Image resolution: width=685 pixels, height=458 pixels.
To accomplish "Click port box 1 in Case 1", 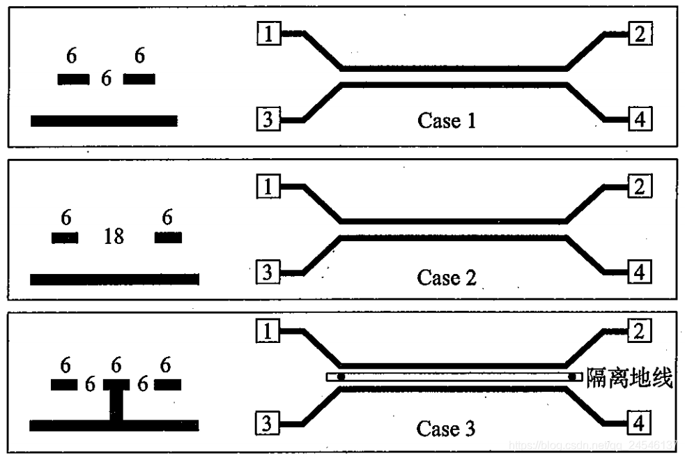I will [x=269, y=33].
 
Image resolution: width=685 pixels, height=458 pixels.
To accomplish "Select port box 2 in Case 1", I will [x=640, y=33].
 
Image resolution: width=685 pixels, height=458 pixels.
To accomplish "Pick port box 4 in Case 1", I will [x=640, y=120].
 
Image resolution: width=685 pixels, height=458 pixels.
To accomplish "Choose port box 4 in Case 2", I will [x=640, y=272].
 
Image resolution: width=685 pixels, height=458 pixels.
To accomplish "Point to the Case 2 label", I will [x=447, y=277].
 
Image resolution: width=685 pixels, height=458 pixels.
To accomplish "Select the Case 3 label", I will [x=446, y=428].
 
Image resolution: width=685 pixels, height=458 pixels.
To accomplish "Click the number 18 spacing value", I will [x=114, y=237].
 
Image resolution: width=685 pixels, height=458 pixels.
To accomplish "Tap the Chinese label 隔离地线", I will [x=630, y=379].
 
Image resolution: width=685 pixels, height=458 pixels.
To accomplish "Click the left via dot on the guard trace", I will [x=341, y=377].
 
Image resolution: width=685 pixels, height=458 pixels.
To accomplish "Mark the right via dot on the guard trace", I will [x=573, y=377].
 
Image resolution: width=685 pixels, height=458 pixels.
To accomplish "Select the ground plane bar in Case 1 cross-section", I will [x=104, y=121].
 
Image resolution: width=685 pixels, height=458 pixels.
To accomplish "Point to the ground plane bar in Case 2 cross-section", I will [x=114, y=279].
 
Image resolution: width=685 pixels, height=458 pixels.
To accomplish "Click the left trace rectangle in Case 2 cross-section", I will [x=65, y=238].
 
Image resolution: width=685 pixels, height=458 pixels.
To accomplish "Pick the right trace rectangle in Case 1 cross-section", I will [x=139, y=79].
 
